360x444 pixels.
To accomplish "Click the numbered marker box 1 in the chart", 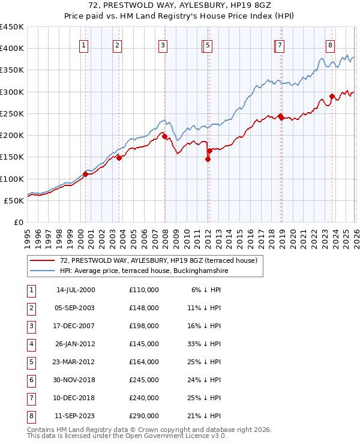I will (x=83, y=45).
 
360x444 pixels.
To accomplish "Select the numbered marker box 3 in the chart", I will (x=163, y=45).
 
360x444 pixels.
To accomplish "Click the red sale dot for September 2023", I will (x=332, y=96).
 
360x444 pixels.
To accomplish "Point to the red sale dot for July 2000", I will (x=85, y=174).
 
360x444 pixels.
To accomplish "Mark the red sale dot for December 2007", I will (x=164, y=136).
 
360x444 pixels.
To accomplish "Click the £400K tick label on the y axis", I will (x=12, y=49).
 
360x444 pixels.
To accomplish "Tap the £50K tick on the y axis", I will (x=14, y=201).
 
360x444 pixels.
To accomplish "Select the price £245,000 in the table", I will (x=143, y=380).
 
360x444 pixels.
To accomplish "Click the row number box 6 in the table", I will (x=30, y=380).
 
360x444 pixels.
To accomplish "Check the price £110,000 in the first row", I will (x=143, y=290).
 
